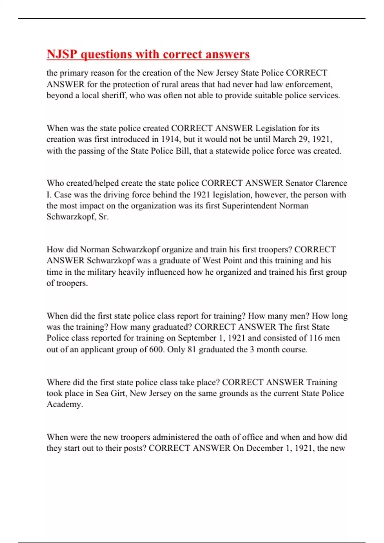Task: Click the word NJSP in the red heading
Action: coord(62,54)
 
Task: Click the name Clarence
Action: coord(331,183)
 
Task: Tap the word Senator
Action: coord(299,183)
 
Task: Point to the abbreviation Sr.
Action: coord(103,217)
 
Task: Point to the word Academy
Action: coord(64,404)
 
